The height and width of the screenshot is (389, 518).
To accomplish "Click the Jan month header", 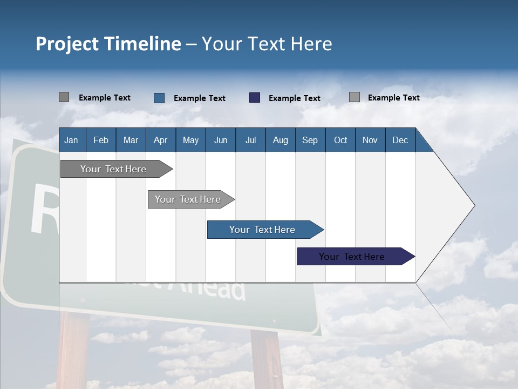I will pos(71,140).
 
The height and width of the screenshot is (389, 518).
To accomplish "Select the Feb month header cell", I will pos(101,140).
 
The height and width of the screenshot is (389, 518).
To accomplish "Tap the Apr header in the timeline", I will pos(160,140).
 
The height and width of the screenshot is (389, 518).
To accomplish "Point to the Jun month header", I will pos(221,140).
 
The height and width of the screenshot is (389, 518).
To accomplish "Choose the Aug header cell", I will pos(280,140).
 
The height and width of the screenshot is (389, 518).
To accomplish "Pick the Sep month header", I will pos(310,140).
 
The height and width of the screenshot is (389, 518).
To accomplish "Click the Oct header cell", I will pos(340,140).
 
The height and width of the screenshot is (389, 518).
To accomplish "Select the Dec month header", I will pos(400,140).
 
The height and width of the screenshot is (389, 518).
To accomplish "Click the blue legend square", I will pos(159,98).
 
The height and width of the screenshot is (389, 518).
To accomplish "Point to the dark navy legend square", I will pos(255,98).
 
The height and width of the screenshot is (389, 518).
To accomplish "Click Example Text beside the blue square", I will pos(200,98).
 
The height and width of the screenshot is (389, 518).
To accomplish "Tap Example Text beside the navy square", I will pos(295,98).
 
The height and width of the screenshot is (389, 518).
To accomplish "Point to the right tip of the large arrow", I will pos(474,205).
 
